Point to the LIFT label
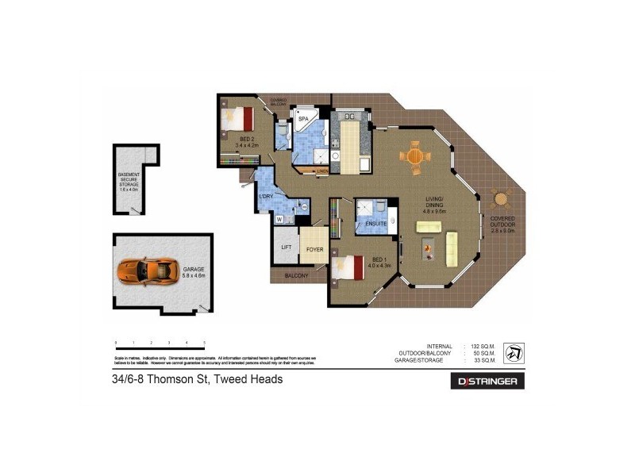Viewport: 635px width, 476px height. [286, 247]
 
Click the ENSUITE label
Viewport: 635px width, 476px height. [376, 224]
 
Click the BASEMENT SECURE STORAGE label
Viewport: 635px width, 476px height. [129, 182]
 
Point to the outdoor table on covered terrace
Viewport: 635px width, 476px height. [499, 198]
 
